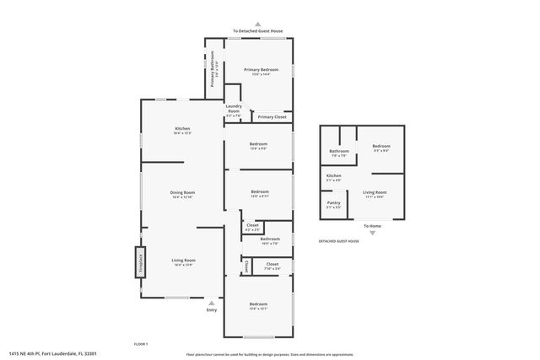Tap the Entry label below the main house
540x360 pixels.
211,310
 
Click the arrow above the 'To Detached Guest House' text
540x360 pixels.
257,24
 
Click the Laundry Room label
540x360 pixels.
233,108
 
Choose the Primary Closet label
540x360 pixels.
272,116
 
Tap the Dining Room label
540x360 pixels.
182,193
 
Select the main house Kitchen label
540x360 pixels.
182,128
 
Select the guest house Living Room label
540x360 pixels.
375,193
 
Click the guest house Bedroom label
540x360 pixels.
381,146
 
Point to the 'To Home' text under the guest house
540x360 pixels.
372,225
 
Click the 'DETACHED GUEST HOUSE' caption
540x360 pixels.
338,241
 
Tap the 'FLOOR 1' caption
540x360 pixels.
141,343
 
